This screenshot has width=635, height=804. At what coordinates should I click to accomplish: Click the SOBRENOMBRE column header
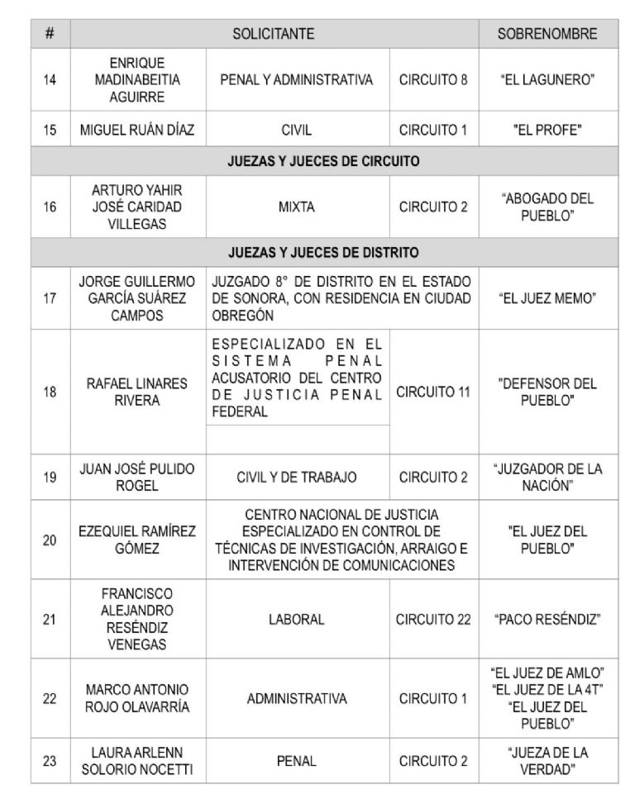pyautogui.click(x=547, y=36)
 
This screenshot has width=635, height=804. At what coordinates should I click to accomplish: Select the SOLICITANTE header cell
pyautogui.click(x=275, y=36)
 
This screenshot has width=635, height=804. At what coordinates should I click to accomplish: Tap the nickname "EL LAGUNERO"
pyautogui.click(x=547, y=80)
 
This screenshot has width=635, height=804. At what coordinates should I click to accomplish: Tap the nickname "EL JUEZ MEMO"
pyautogui.click(x=547, y=298)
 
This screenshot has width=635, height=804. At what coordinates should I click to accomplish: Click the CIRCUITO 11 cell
pyautogui.click(x=434, y=392)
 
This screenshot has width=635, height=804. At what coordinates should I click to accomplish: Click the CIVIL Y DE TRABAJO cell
pyautogui.click(x=297, y=476)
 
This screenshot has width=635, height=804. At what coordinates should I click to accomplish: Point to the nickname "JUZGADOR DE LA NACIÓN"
pyautogui.click(x=547, y=476)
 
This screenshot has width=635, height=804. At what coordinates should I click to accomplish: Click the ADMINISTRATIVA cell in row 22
pyautogui.click(x=297, y=698)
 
